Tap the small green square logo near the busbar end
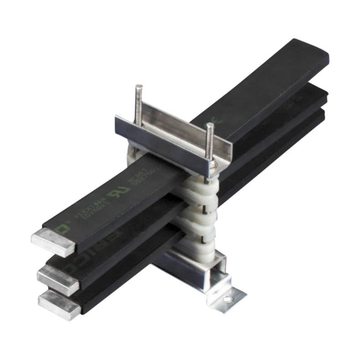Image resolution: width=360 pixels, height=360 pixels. point(58,226)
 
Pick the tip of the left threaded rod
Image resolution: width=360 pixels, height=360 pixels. point(139,86)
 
